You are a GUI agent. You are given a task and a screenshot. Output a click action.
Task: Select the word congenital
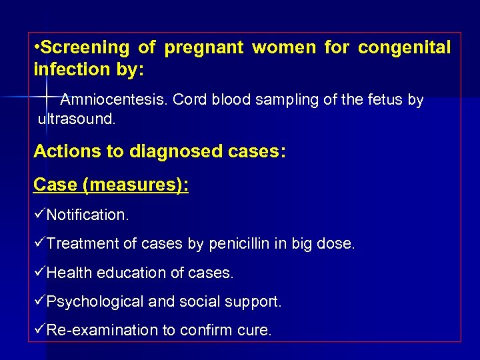[x=404, y=47]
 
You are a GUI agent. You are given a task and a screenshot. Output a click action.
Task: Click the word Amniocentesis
[x=113, y=100]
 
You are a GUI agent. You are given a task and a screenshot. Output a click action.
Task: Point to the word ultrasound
[x=77, y=121]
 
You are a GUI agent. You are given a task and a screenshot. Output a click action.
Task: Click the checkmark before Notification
[x=39, y=215]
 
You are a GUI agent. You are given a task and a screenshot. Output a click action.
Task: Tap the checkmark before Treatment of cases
[x=39, y=243]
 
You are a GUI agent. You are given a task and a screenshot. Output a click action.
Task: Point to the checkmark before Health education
[x=39, y=272]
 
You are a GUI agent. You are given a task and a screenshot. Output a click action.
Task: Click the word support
[x=255, y=302]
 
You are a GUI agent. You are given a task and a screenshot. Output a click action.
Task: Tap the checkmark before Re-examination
[x=39, y=330]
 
